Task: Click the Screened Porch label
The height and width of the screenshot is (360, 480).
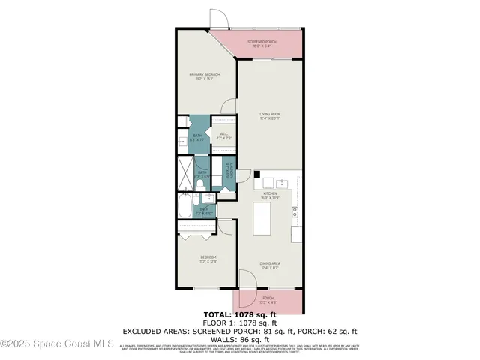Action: pos(262,43)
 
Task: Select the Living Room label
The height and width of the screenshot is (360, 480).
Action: pos(270,115)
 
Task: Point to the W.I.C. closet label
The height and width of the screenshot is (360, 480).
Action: pos(223,136)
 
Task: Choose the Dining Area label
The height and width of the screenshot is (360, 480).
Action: pos(270,265)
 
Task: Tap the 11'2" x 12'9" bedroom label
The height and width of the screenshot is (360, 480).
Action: pos(208,260)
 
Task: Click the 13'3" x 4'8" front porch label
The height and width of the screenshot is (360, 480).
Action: pos(269,304)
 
